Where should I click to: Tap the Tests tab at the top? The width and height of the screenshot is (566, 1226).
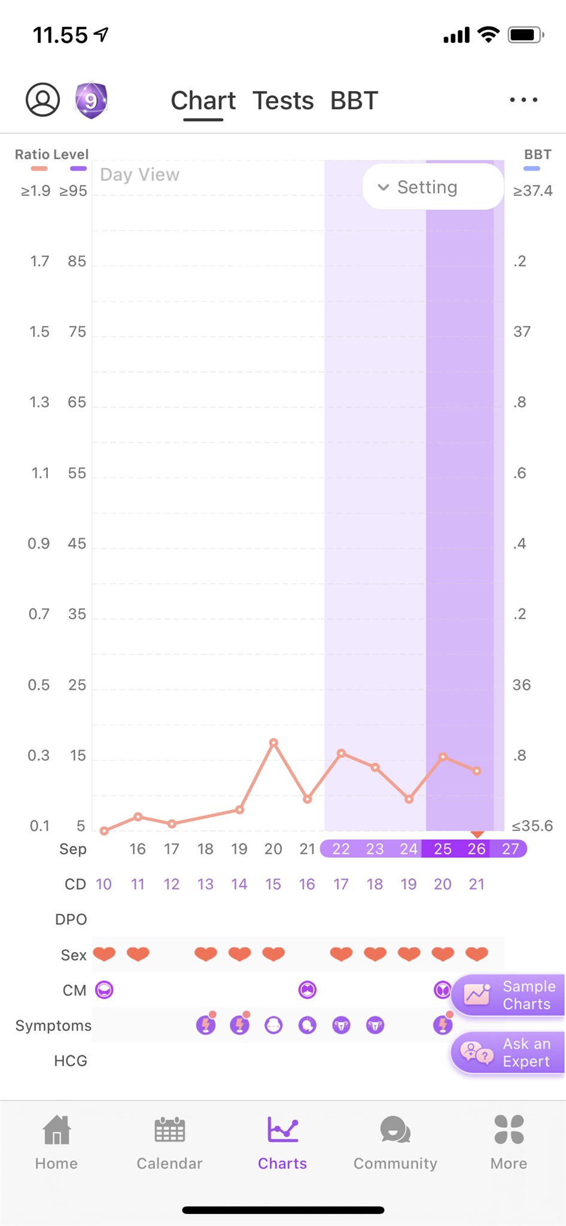(283, 101)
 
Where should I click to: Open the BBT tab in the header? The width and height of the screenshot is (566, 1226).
(354, 101)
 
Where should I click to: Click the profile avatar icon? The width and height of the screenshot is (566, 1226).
(42, 99)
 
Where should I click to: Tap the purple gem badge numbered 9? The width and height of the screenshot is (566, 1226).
(91, 100)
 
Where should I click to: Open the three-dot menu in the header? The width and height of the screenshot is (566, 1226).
(524, 100)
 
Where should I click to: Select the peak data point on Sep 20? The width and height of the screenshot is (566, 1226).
(273, 743)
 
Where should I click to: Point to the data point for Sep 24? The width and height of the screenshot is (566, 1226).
(409, 799)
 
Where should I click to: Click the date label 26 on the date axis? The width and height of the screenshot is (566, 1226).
(476, 849)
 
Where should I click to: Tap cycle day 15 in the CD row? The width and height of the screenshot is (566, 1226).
(273, 884)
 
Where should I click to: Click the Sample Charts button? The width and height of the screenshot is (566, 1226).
(508, 995)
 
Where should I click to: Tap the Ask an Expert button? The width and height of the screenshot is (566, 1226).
(508, 1052)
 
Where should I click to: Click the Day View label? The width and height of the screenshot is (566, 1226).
(139, 174)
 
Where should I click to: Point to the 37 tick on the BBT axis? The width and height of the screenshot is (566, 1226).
(522, 332)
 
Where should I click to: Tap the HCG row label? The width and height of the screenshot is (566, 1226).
(71, 1061)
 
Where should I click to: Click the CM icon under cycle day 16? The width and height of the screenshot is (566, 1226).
(308, 990)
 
